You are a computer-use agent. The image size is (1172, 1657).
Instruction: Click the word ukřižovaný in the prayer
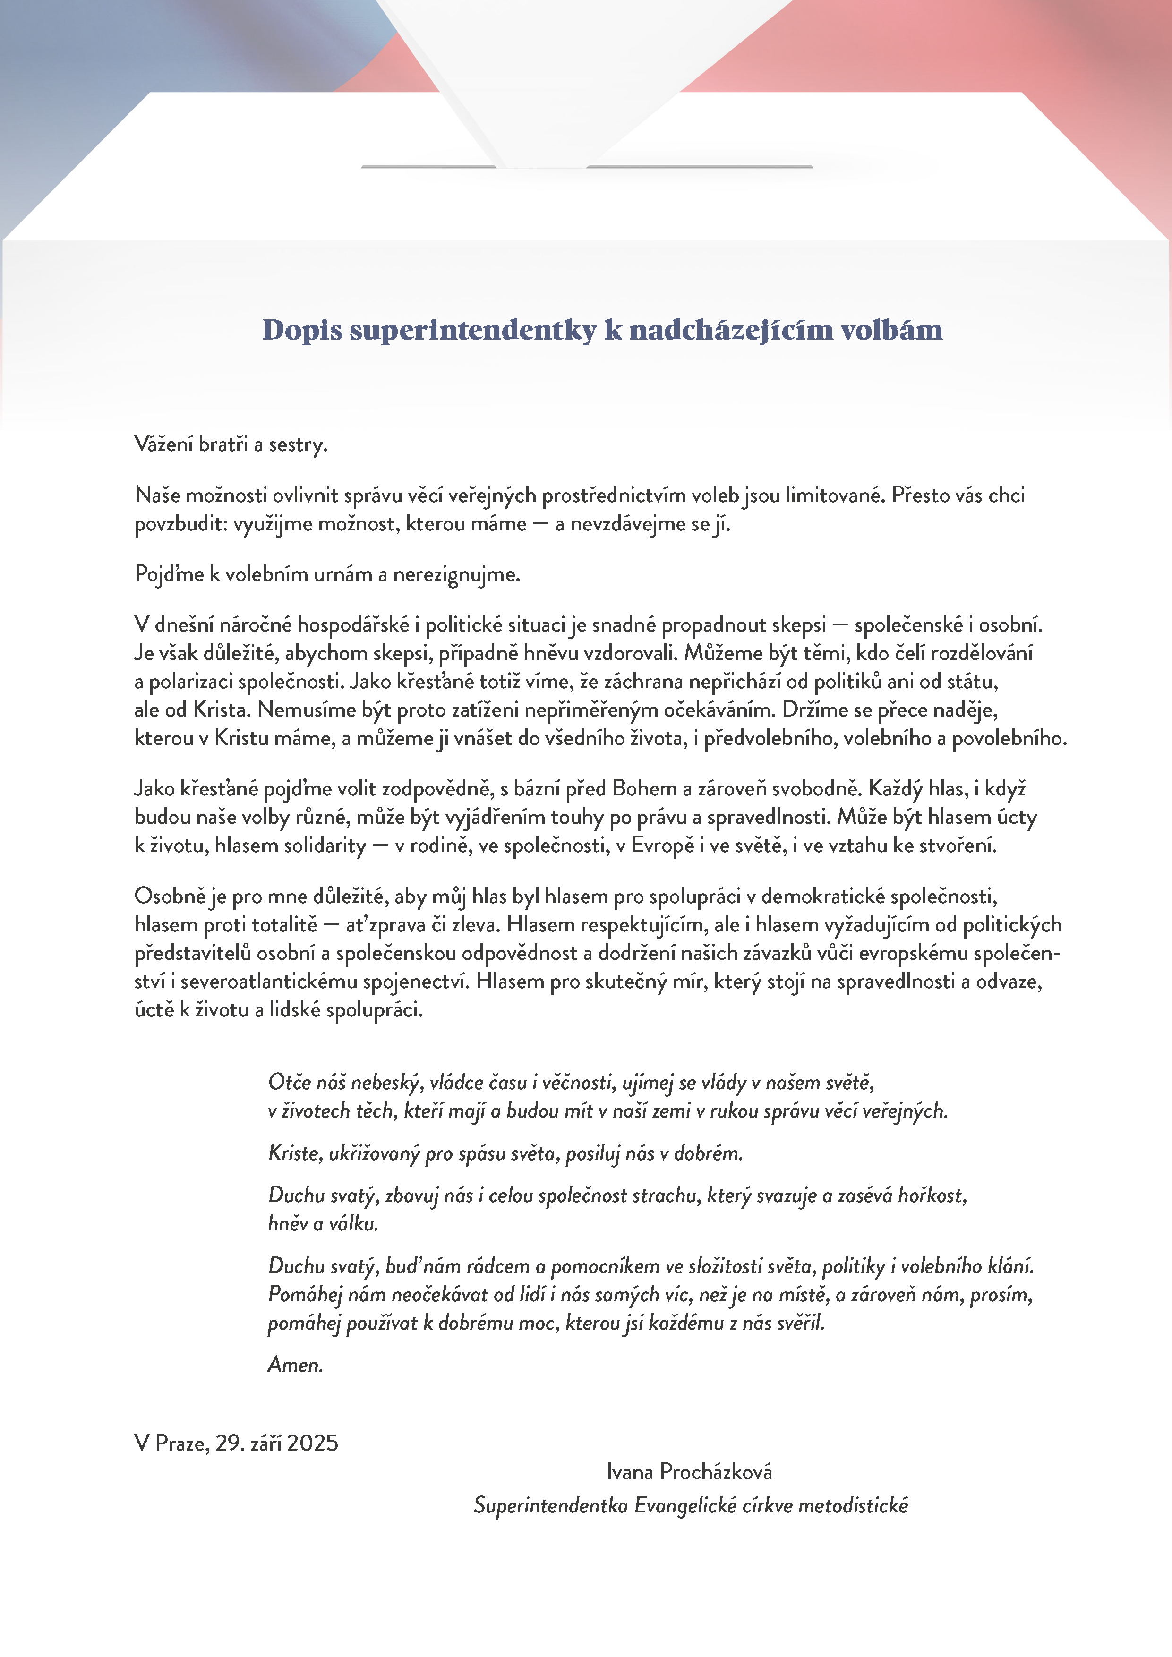click(x=374, y=1153)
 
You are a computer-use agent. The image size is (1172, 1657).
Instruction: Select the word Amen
click(x=295, y=1365)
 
